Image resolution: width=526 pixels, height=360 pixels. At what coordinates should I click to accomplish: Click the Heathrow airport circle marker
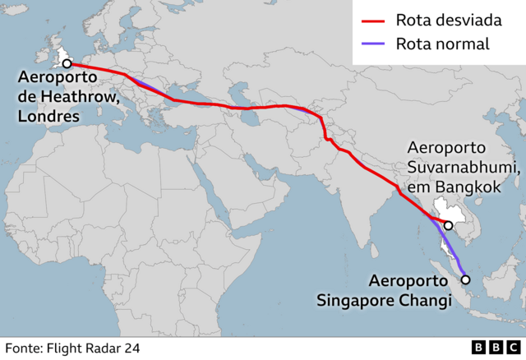[x=67, y=62]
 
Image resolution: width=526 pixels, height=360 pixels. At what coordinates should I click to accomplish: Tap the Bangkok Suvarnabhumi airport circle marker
[x=449, y=225]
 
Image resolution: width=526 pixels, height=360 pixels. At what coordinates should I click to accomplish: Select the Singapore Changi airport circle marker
[x=465, y=279]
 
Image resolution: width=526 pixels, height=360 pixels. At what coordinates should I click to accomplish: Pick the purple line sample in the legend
[x=372, y=44]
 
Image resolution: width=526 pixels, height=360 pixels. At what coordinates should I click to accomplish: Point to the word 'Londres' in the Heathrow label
[x=48, y=117]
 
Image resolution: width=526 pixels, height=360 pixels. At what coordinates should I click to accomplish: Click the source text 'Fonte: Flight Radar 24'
[x=72, y=348]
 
